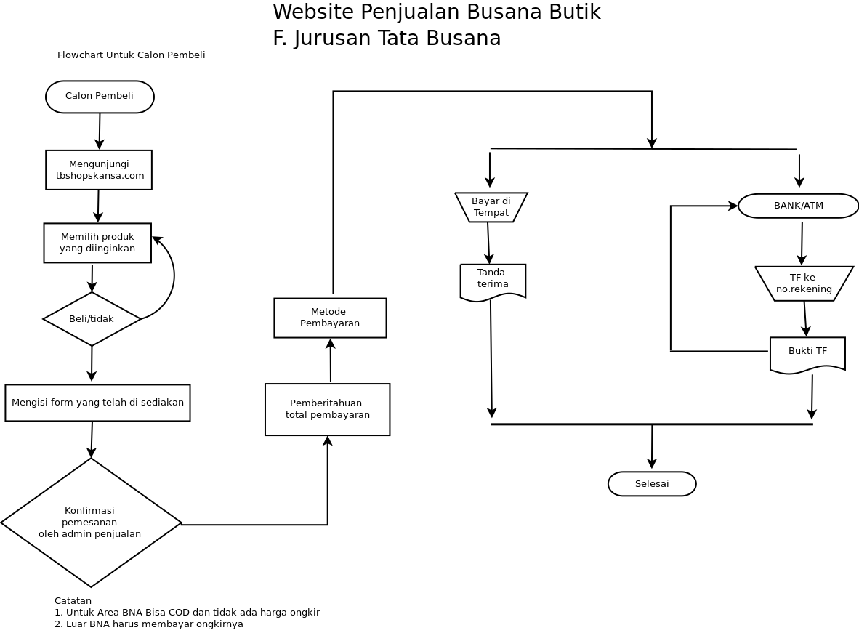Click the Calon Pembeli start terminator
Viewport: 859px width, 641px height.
(x=100, y=97)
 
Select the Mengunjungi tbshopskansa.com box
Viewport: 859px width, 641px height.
(x=99, y=170)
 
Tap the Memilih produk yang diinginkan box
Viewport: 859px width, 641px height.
(x=97, y=243)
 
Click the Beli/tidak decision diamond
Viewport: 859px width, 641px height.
(x=92, y=319)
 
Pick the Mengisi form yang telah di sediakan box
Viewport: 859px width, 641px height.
(x=97, y=403)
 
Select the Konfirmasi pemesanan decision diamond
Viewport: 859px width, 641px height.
(x=91, y=523)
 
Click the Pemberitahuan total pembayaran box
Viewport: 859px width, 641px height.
(x=327, y=409)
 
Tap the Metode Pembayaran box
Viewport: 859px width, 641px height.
(x=330, y=318)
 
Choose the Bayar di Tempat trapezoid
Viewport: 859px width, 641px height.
(x=491, y=207)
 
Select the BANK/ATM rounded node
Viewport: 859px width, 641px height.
(x=798, y=206)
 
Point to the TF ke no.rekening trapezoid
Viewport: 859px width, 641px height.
(x=804, y=283)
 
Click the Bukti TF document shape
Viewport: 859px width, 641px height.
(x=807, y=355)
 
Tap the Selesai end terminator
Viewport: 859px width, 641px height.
(x=652, y=484)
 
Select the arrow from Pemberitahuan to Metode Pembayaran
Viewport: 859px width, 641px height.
(x=331, y=360)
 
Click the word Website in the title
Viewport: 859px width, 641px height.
(x=313, y=12)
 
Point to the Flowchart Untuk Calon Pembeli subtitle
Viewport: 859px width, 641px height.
(x=131, y=55)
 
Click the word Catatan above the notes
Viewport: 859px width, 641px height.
(x=73, y=601)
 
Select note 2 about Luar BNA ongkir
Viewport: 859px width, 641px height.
(x=149, y=624)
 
